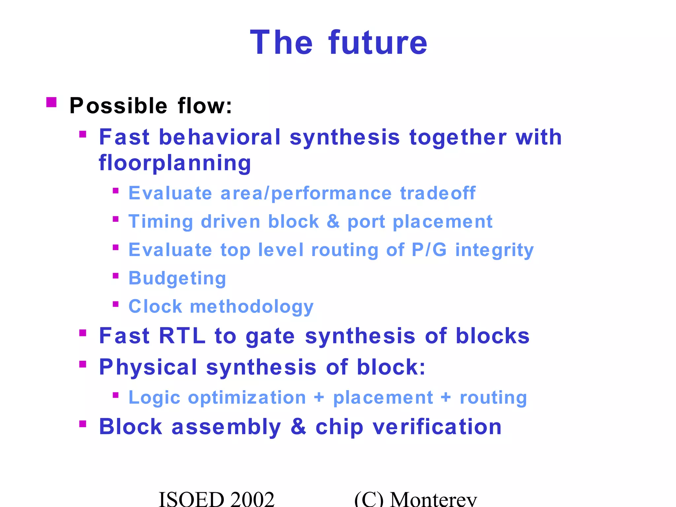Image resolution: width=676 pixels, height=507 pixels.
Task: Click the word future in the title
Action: point(378,43)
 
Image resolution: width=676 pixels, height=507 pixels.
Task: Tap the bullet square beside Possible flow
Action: point(51,102)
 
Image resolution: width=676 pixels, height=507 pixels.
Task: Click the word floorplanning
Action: point(175,163)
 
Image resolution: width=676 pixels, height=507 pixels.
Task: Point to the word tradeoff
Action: point(438,193)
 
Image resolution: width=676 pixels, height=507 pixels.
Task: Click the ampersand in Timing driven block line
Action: point(333,221)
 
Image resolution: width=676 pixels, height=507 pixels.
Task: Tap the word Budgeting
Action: point(177,278)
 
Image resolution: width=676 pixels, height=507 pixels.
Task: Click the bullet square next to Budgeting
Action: point(116,276)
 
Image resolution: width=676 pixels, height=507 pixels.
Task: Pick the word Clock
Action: point(155,307)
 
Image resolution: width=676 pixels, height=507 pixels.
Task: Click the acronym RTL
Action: point(182,336)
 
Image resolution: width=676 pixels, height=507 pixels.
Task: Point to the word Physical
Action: point(148,367)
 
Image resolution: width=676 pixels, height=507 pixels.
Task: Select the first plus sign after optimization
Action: point(319,397)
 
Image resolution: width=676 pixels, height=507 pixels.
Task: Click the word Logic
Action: point(154,398)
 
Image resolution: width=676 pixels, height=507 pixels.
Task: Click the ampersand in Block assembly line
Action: point(298,427)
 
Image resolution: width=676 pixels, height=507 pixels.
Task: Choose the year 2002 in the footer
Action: point(253,498)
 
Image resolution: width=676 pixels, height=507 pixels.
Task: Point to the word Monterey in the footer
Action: point(433,498)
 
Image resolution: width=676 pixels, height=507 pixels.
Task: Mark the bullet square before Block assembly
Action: point(83,424)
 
